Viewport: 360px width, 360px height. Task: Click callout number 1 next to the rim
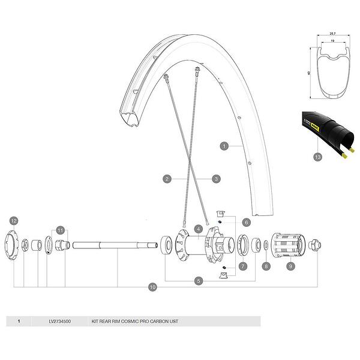[224, 145]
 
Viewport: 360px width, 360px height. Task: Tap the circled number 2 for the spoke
[167, 178]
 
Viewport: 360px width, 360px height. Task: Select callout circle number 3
[216, 178]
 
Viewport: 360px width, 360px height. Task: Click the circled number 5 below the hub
[197, 280]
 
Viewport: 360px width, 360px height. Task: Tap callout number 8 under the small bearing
[266, 265]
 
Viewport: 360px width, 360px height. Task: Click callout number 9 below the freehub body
[290, 265]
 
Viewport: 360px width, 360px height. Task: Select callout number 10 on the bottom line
[154, 287]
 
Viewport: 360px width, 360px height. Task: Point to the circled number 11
[60, 230]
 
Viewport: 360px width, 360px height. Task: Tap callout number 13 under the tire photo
[317, 157]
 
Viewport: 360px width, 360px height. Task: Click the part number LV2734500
[60, 322]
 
